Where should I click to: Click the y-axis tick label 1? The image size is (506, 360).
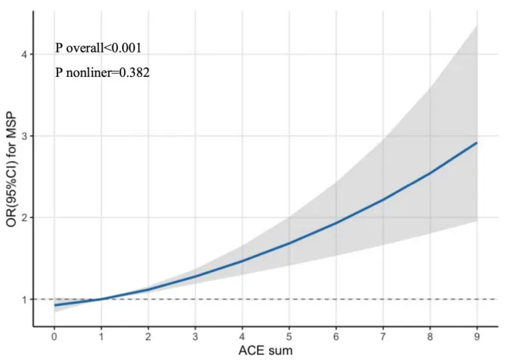24,299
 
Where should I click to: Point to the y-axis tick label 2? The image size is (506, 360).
24,218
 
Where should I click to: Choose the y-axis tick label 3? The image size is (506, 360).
24,136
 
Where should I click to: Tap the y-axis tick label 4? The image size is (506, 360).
24,55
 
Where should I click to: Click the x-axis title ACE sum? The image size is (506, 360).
265,350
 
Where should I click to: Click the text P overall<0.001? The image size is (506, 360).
98,48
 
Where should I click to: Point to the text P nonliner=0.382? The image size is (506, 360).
103,72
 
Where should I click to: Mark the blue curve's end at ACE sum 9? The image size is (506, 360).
476,143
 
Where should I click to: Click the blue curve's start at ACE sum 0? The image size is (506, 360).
55,305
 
